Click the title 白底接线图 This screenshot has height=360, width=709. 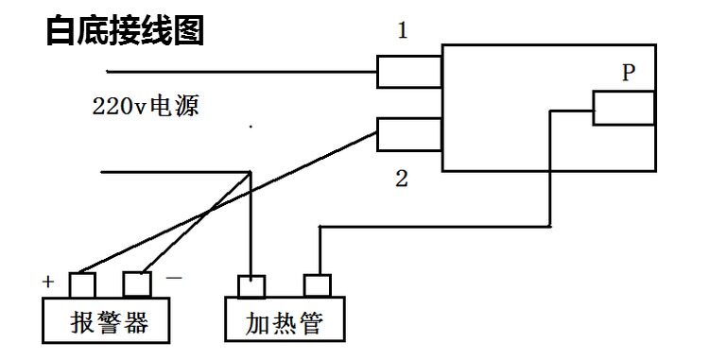click(125, 30)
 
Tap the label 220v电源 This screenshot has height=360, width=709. click(146, 107)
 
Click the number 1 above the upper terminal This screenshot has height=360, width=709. click(403, 31)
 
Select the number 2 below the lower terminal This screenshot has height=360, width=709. click(402, 179)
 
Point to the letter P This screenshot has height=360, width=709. click(629, 72)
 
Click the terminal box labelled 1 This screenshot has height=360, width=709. click(409, 72)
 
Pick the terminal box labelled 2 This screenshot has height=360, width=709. click(409, 134)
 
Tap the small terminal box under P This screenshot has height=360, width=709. click(624, 108)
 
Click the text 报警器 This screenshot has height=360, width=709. click(110, 322)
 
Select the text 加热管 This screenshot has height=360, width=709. click(285, 323)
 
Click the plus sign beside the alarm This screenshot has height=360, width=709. click(48, 282)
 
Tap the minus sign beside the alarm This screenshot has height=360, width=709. click(174, 277)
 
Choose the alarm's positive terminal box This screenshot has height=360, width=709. click(82, 284)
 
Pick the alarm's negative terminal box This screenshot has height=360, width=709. click(137, 284)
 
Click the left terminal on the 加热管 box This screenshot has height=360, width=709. click(251, 286)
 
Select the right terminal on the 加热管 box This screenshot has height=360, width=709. click(318, 285)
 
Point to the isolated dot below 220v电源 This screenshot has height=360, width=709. click(251, 127)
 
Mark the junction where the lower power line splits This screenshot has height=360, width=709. click(251, 172)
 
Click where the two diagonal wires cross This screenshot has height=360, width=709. click(209, 210)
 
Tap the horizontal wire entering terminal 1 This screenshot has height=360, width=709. click(241, 72)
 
